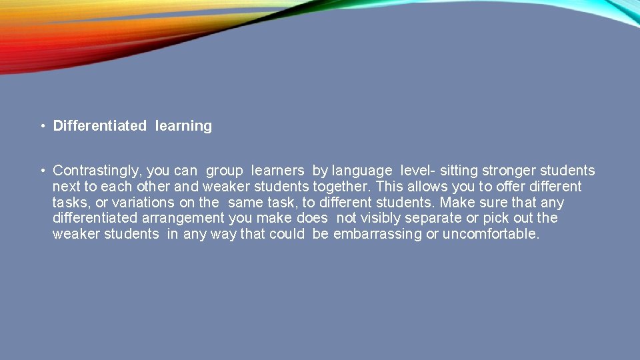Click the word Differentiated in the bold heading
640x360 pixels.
99,126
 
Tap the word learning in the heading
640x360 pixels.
183,126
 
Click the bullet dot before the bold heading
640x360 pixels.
41,126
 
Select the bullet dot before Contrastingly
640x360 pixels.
41,171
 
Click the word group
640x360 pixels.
225,171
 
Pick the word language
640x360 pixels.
362,171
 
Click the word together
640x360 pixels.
345,187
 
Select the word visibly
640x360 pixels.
383,219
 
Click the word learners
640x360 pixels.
277,171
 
